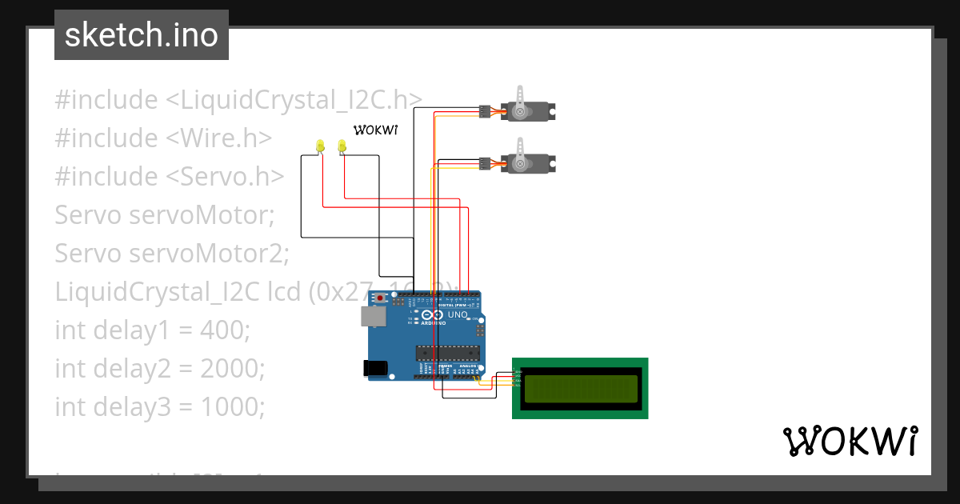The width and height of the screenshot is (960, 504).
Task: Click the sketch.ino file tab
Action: [x=142, y=35]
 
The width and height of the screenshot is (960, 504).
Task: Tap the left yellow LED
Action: [x=320, y=146]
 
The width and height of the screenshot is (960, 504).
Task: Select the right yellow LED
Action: [x=342, y=146]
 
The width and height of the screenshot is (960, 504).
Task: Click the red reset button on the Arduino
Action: [x=380, y=298]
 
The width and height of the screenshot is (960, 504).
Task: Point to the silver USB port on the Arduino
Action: [x=372, y=316]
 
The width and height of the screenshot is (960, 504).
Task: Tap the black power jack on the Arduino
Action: [x=374, y=367]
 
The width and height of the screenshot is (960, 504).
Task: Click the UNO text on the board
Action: [x=457, y=315]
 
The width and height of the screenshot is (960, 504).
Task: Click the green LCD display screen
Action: [x=580, y=388]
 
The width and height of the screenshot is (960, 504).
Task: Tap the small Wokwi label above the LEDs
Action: [x=375, y=130]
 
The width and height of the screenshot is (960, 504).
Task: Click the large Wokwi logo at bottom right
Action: [x=850, y=442]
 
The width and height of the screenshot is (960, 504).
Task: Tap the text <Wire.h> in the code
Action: [x=218, y=138]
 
